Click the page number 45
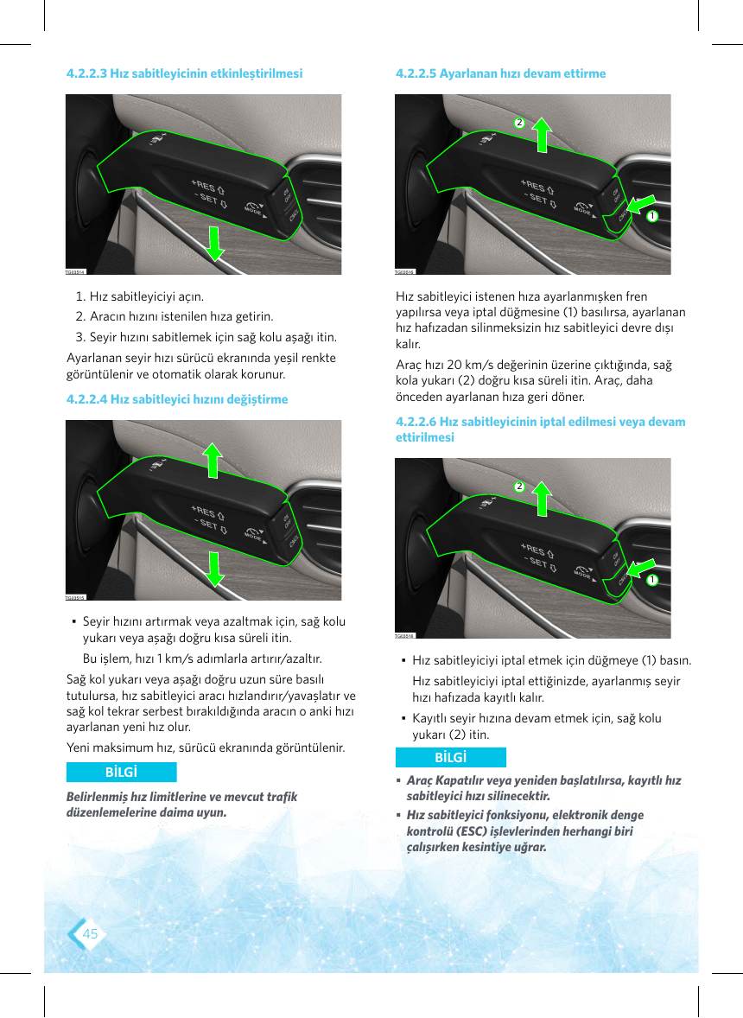[90, 933]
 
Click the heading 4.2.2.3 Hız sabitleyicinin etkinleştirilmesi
[184, 73]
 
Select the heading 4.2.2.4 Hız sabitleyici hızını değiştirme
[177, 398]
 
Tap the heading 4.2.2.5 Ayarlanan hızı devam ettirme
[500, 73]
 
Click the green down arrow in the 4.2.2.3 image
[216, 244]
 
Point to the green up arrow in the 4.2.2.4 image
[213, 461]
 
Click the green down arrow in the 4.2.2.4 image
[215, 569]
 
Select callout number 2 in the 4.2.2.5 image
[519, 122]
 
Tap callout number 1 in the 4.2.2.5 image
[652, 215]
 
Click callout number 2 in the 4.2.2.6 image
[519, 487]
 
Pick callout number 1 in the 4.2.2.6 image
[652, 580]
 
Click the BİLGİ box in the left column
[121, 772]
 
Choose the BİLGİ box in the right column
[450, 758]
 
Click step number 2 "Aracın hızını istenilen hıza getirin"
[175, 317]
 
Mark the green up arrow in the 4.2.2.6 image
[541, 499]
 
